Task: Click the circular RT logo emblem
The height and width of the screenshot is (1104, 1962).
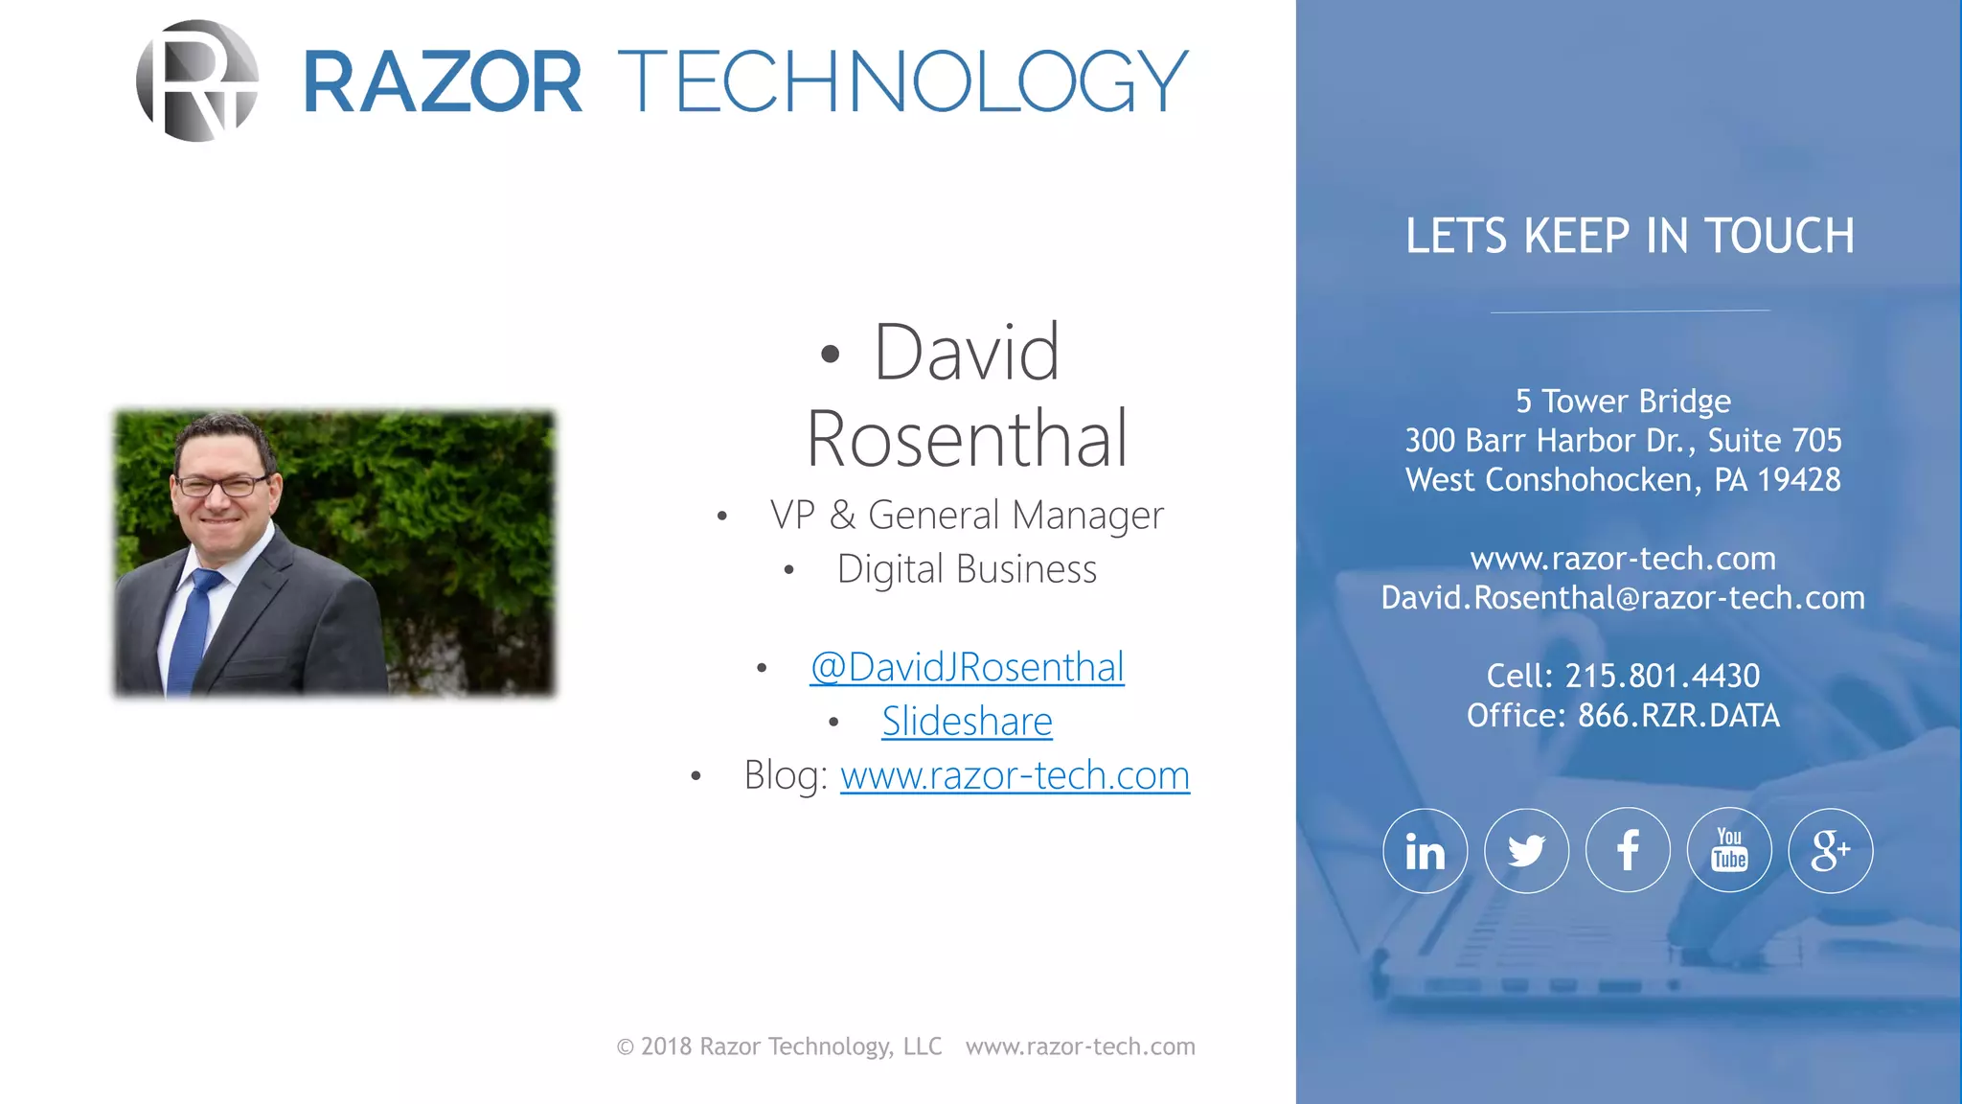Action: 197,80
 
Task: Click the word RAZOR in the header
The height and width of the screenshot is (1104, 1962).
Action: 443,82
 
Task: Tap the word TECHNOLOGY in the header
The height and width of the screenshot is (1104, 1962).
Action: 902,82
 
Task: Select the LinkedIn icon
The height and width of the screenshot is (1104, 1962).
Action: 1425,851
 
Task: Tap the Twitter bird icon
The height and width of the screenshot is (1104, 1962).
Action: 1526,851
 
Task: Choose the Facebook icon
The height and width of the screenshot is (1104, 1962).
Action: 1628,851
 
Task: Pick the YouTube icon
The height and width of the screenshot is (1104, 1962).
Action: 1729,851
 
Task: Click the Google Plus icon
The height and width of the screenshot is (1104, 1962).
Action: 1830,851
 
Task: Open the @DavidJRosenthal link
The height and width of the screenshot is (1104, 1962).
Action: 967,667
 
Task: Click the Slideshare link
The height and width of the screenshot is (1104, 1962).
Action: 967,722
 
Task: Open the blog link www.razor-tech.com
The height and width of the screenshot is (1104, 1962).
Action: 1015,775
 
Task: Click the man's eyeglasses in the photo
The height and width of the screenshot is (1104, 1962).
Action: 222,485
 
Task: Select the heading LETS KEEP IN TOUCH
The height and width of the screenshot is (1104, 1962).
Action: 1630,236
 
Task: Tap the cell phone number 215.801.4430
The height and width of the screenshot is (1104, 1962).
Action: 1662,677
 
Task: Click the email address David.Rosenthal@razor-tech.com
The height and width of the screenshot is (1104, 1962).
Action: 1623,598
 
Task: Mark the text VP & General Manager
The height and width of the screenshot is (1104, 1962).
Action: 967,516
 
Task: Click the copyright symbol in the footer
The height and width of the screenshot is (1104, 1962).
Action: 626,1047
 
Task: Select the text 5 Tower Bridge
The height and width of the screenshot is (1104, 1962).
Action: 1623,402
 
